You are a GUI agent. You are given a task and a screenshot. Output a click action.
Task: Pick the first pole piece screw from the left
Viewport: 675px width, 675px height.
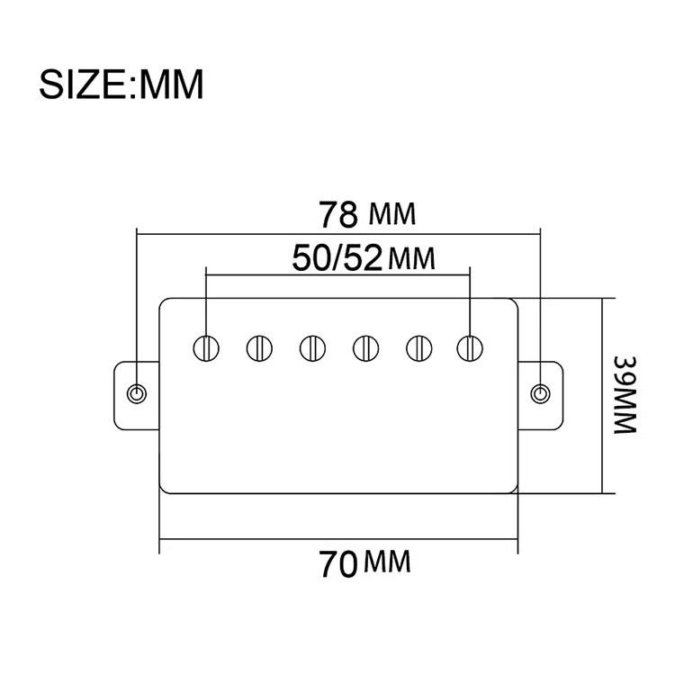tap(207, 346)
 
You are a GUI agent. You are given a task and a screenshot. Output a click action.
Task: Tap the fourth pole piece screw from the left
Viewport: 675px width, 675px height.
tap(364, 346)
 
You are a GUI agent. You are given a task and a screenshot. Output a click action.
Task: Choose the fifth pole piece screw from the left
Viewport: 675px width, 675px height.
tap(417, 346)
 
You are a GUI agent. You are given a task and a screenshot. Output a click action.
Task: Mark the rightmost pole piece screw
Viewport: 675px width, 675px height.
tap(469, 346)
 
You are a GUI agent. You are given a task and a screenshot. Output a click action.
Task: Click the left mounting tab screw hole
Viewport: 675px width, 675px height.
tap(137, 393)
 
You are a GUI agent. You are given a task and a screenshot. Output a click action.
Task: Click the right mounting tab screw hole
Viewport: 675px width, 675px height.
tap(540, 393)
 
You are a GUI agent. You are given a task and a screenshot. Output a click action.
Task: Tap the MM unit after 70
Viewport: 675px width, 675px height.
tap(387, 565)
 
